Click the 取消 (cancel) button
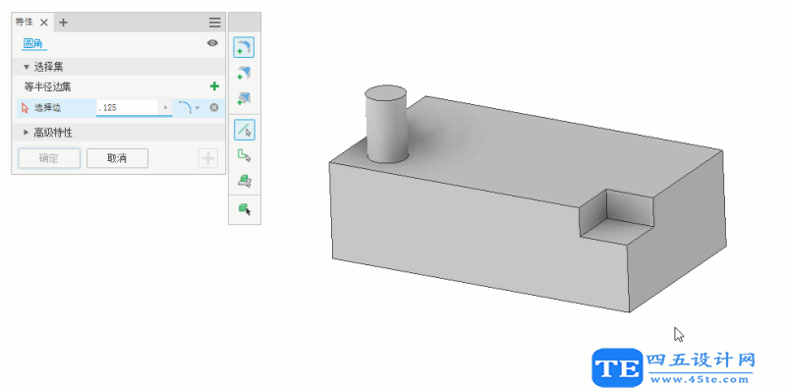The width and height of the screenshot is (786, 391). click(117, 158)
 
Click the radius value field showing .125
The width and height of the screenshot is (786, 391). click(128, 106)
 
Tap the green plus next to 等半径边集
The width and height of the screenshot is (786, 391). click(214, 86)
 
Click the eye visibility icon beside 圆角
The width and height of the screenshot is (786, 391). click(212, 43)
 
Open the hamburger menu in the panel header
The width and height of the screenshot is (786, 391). click(214, 22)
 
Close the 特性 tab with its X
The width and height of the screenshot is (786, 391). click(44, 22)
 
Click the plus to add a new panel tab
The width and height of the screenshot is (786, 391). click(64, 22)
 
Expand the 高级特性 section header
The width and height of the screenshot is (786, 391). click(53, 132)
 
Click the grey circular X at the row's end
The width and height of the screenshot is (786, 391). click(214, 106)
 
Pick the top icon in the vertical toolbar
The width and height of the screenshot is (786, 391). click(244, 47)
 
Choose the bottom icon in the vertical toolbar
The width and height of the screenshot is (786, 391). click(244, 208)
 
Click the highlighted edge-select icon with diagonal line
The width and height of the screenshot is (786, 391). click(244, 129)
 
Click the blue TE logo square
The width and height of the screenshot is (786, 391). click(617, 368)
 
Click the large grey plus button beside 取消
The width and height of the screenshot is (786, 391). click(207, 158)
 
